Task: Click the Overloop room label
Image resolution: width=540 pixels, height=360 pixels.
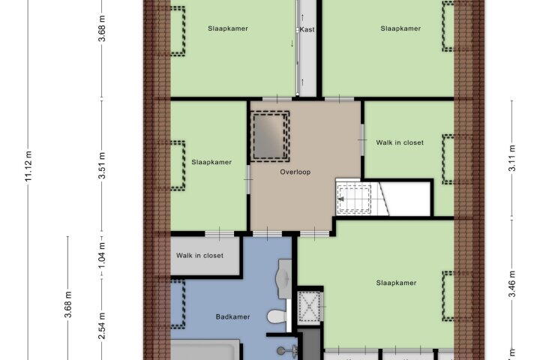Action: (295, 172)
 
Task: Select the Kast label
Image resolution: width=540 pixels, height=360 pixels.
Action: (306, 30)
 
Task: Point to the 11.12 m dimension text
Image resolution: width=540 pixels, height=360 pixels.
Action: (29, 166)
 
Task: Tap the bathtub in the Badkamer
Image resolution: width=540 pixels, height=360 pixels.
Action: (205, 350)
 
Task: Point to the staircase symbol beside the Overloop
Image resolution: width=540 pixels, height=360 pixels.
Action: (354, 199)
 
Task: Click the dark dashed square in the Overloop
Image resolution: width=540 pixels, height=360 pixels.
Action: (269, 135)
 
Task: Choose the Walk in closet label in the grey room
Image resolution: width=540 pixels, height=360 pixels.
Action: (199, 256)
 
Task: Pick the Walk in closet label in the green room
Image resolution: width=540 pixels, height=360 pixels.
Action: (400, 142)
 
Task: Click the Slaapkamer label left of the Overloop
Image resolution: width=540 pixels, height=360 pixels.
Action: (211, 162)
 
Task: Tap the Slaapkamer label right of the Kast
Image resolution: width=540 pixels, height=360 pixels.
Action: (400, 29)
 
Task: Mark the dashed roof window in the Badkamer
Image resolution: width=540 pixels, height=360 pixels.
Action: (178, 303)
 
